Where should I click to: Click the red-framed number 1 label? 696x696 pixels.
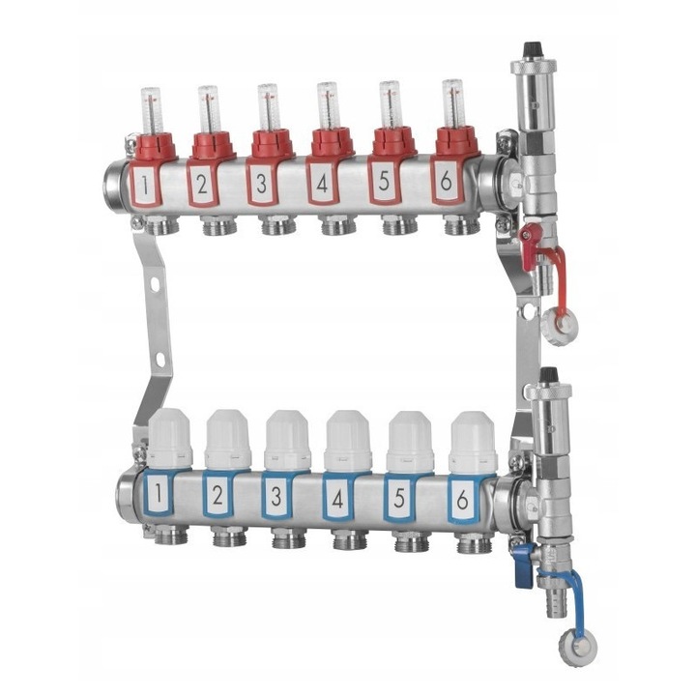pos(145,186)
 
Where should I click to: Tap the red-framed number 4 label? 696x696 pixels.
pos(322,183)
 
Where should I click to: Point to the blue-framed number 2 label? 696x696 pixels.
pos(217,495)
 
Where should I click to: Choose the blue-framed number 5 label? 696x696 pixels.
pos(399,498)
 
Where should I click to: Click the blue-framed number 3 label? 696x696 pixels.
pos(276,496)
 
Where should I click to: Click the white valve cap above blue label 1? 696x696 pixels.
pos(170,439)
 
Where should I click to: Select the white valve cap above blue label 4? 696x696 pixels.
pos(348,441)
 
